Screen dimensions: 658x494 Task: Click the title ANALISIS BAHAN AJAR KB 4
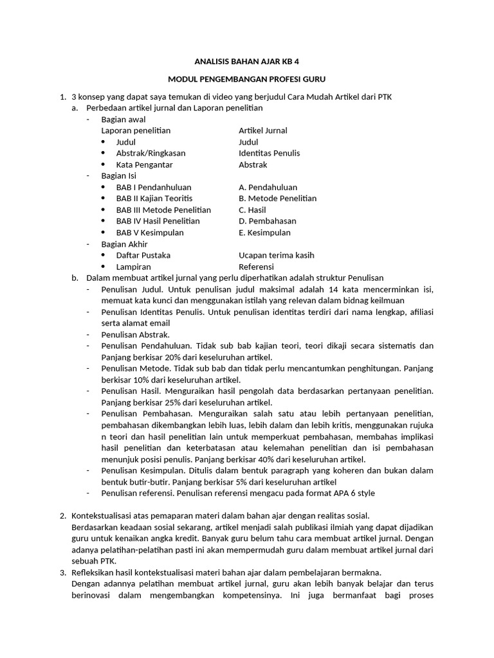(247, 62)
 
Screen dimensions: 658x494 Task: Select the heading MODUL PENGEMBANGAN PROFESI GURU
(247, 79)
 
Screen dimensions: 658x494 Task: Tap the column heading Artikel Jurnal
(262, 130)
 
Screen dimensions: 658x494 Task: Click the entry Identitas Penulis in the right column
(269, 153)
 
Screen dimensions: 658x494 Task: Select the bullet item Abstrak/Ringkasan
(151, 153)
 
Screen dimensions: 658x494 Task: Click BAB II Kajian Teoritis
(154, 198)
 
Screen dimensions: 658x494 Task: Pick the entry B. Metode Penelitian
(277, 198)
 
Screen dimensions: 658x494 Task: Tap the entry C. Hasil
(252, 209)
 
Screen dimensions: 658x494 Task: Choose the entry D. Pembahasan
(268, 221)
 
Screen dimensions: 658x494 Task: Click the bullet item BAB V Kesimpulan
(150, 233)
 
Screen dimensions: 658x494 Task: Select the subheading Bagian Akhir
(124, 244)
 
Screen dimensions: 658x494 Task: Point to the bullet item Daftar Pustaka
(143, 255)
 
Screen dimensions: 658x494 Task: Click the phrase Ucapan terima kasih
(277, 255)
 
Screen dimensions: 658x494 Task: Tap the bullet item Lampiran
(134, 267)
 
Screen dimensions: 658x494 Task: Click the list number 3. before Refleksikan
(63, 572)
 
